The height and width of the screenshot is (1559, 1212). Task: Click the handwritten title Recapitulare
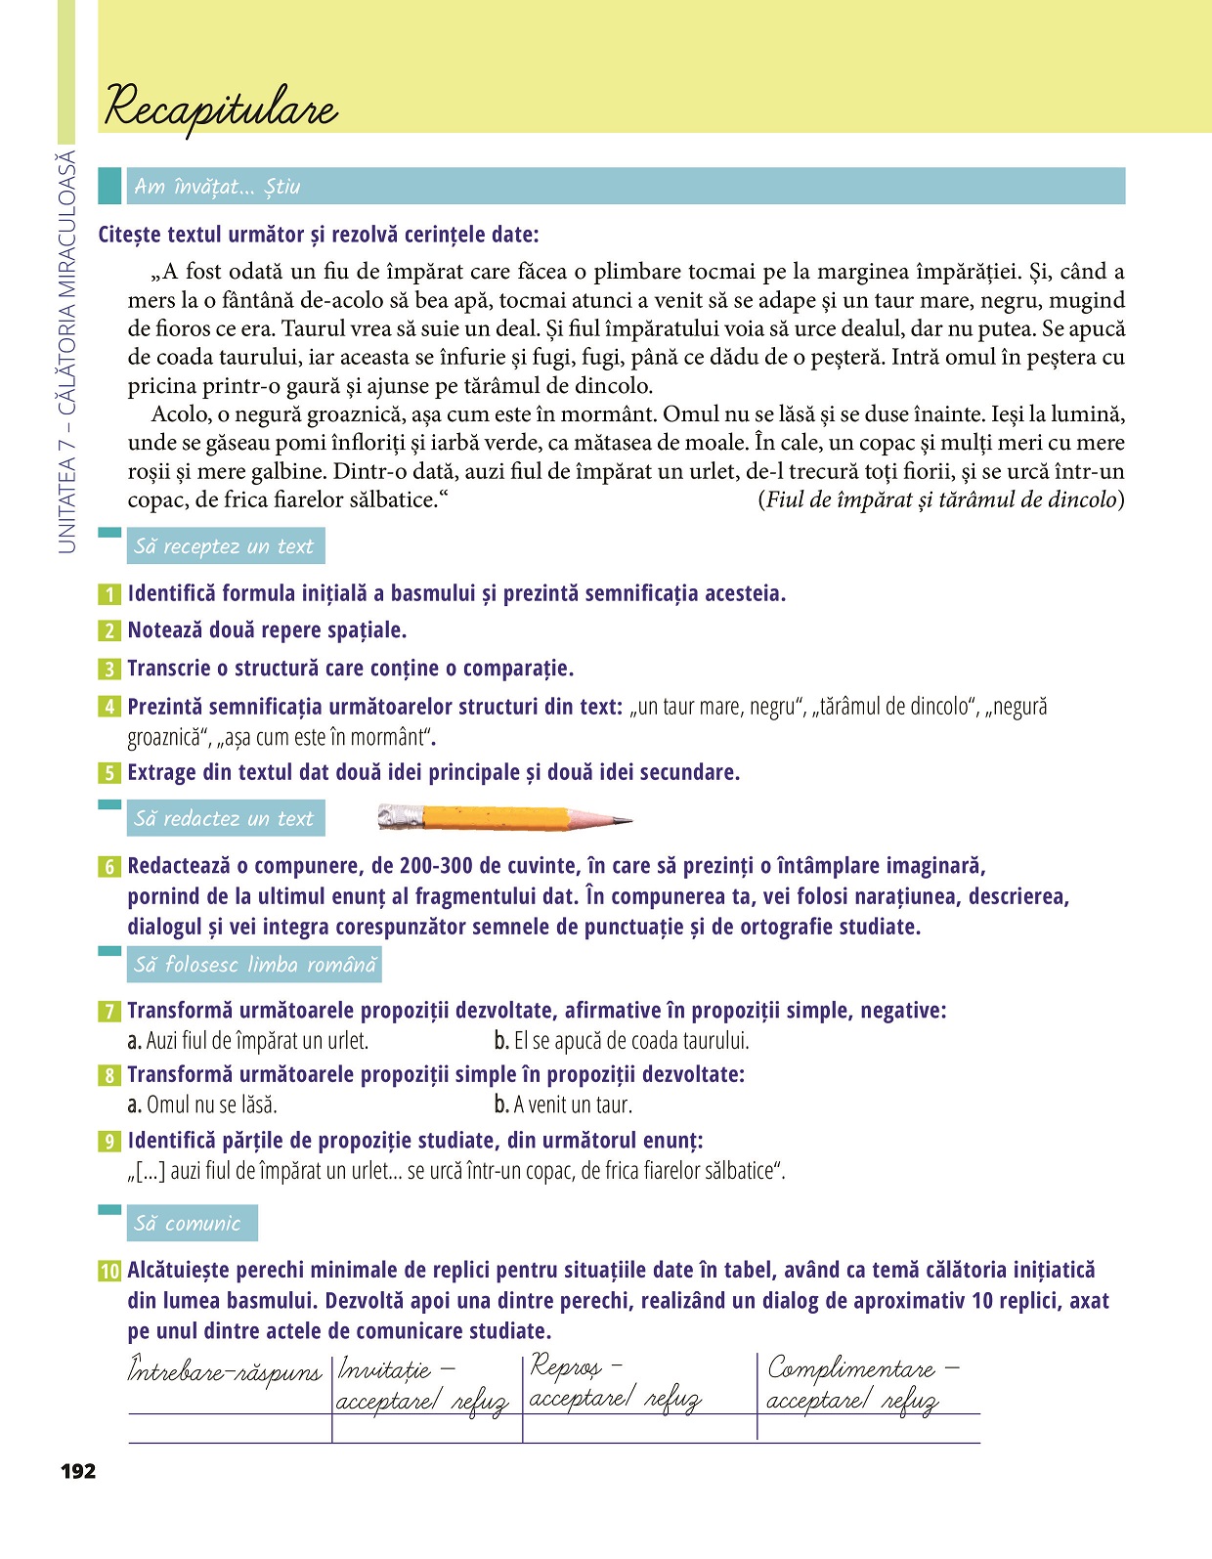[x=221, y=107]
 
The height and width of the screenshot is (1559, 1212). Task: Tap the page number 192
[x=78, y=1471]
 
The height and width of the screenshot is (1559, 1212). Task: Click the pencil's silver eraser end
[x=401, y=817]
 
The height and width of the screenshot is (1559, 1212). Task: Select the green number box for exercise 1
[x=109, y=594]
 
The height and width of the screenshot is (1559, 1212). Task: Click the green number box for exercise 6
[x=109, y=867]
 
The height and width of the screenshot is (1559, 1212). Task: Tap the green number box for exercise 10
[x=109, y=1271]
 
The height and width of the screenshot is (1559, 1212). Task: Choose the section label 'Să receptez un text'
[x=224, y=546]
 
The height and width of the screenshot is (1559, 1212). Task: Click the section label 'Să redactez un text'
[x=224, y=818]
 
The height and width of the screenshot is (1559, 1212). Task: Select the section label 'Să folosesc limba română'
[x=254, y=965]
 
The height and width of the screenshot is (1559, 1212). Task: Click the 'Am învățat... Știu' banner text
[x=217, y=187]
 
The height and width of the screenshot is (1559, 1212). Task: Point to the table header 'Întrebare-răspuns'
[x=225, y=1371]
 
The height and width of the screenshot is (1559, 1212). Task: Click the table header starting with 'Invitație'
[x=422, y=1385]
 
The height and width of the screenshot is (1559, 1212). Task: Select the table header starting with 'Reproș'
[x=614, y=1382]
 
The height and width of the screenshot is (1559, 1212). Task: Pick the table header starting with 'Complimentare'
[x=862, y=1384]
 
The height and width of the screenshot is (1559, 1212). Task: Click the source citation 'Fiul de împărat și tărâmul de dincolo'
[x=940, y=499]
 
